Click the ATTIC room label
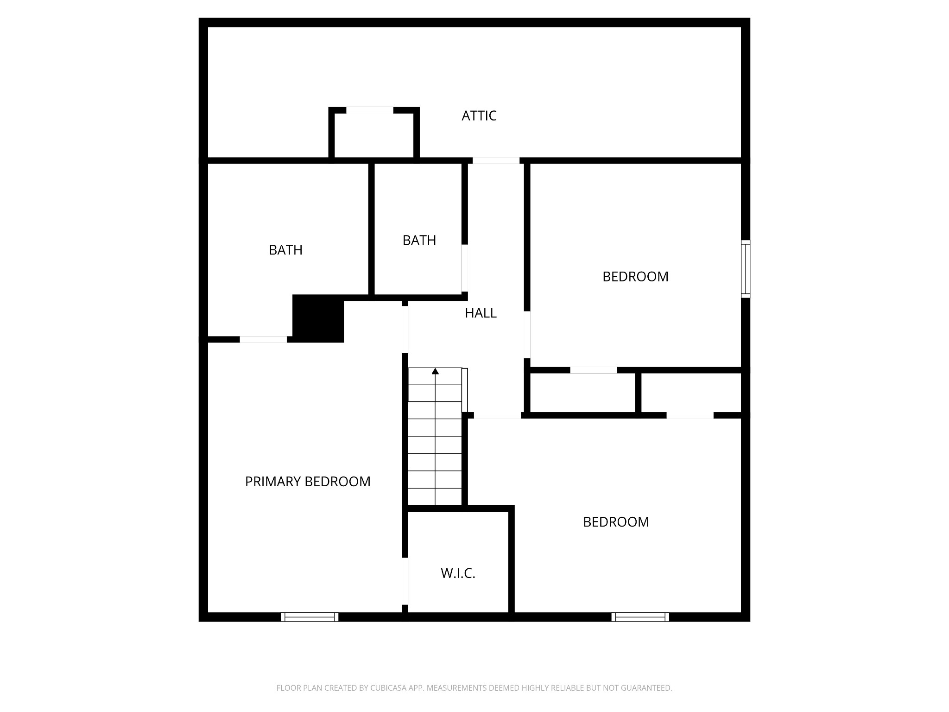coord(479,115)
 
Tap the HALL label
coord(481,313)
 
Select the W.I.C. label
coord(458,573)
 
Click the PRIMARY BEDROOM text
coord(308,482)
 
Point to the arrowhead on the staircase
coord(435,371)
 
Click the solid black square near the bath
coord(318,318)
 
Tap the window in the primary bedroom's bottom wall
coord(310,617)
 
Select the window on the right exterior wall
coord(745,269)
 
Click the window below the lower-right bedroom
coord(640,617)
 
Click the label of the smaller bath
coord(419,240)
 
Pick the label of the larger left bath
coord(285,250)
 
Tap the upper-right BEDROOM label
coord(635,277)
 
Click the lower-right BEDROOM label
coord(616,522)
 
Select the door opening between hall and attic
coord(496,161)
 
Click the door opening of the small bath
coord(464,268)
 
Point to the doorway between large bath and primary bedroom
coord(263,339)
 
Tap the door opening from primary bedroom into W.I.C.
coord(405,581)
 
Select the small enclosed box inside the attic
coord(373,134)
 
